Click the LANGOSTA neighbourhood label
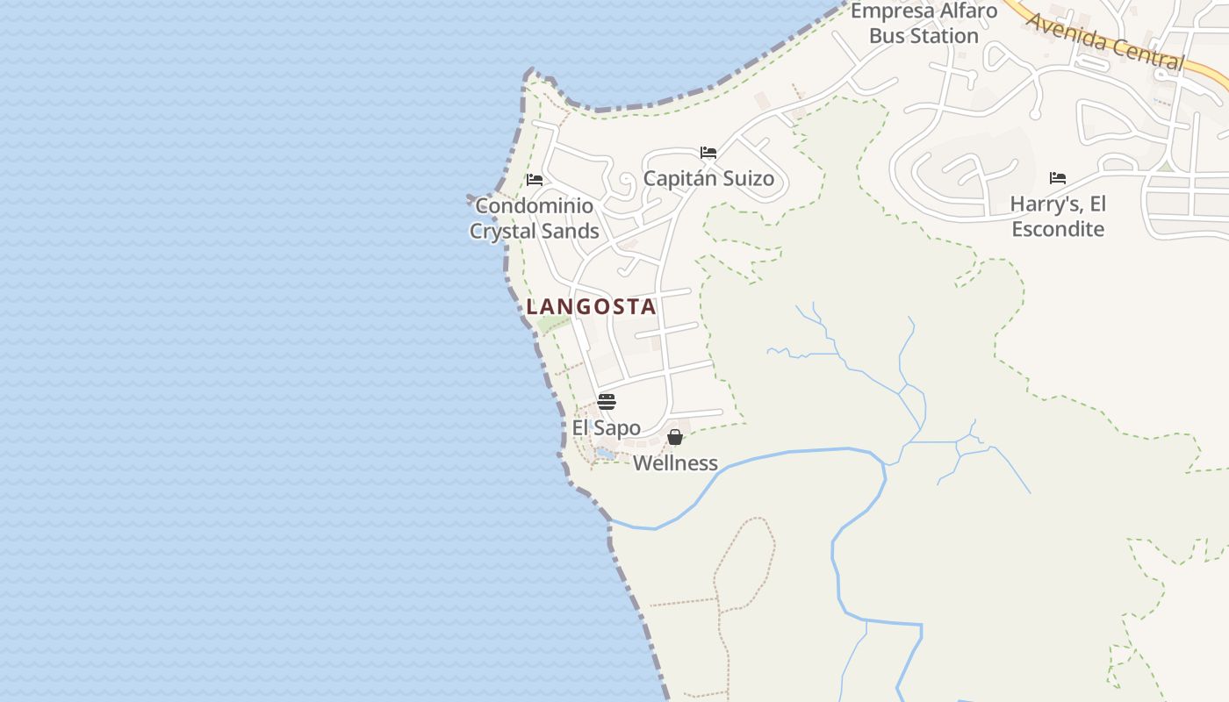pyautogui.click(x=591, y=306)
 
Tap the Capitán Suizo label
pyautogui.click(x=708, y=179)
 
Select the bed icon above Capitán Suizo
pyautogui.click(x=708, y=153)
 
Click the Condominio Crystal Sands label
pyautogui.click(x=534, y=218)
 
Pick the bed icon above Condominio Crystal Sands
pyautogui.click(x=534, y=180)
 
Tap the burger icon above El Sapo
pyautogui.click(x=607, y=402)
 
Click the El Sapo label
pyautogui.click(x=606, y=428)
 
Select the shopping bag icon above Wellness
pyautogui.click(x=675, y=437)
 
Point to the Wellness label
pyautogui.click(x=675, y=463)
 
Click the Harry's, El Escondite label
pyautogui.click(x=1058, y=217)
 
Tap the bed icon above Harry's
pyautogui.click(x=1058, y=178)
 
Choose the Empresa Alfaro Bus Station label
pyautogui.click(x=924, y=24)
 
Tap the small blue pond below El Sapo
pyautogui.click(x=605, y=454)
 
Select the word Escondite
pyautogui.click(x=1058, y=229)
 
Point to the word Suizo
pyautogui.click(x=746, y=179)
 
